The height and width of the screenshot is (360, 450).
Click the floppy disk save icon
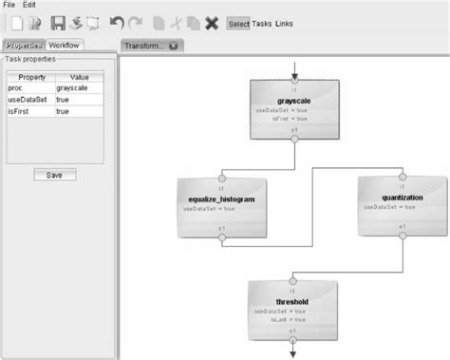point(57,23)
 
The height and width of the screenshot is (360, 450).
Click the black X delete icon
point(212,23)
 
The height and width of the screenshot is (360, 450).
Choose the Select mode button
point(239,23)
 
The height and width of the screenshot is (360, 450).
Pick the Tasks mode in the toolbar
point(263,23)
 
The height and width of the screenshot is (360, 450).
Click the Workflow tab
point(66,45)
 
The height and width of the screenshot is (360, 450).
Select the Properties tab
point(25,45)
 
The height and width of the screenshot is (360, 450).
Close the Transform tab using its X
point(174,45)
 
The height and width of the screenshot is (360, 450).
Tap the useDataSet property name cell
point(30,99)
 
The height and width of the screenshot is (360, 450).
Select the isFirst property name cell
point(30,111)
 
